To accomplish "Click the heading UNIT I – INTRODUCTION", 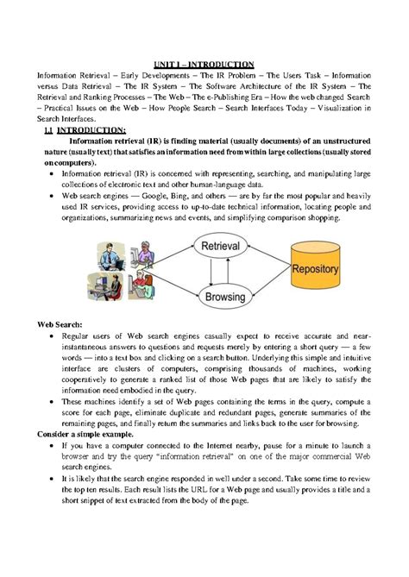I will pos(204,64).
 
